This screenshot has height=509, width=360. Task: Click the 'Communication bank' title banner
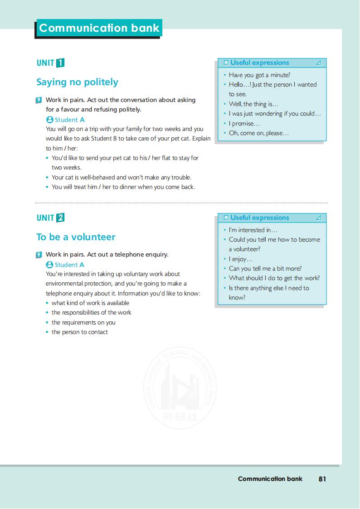pyautogui.click(x=99, y=28)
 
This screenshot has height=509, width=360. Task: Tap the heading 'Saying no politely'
pyautogui.click(x=77, y=82)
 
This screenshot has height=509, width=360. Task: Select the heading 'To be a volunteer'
pyautogui.click(x=76, y=237)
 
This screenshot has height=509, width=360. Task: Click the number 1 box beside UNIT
pyautogui.click(x=60, y=63)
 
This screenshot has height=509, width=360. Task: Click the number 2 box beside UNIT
pyautogui.click(x=60, y=218)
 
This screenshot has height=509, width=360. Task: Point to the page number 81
pyautogui.click(x=322, y=479)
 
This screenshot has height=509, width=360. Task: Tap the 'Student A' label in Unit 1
pyautogui.click(x=69, y=120)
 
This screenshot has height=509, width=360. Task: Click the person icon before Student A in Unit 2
pyautogui.click(x=49, y=265)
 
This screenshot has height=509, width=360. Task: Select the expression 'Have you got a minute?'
pyautogui.click(x=259, y=75)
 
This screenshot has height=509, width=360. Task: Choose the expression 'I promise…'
pyautogui.click(x=244, y=123)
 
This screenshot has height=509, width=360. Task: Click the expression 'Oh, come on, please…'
pyautogui.click(x=258, y=133)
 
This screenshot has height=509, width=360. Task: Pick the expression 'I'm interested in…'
pyautogui.click(x=253, y=230)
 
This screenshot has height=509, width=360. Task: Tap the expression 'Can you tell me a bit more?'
pyautogui.click(x=265, y=268)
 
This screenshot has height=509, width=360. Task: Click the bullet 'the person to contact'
pyautogui.click(x=79, y=332)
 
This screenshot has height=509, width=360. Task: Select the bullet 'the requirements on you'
pyautogui.click(x=83, y=322)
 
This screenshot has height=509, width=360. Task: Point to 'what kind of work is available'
pyautogui.click(x=90, y=303)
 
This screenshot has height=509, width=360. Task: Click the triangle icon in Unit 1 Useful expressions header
pyautogui.click(x=319, y=63)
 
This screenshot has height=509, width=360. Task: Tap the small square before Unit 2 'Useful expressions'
pyautogui.click(x=226, y=218)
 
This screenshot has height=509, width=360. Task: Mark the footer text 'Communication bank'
pyautogui.click(x=270, y=479)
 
